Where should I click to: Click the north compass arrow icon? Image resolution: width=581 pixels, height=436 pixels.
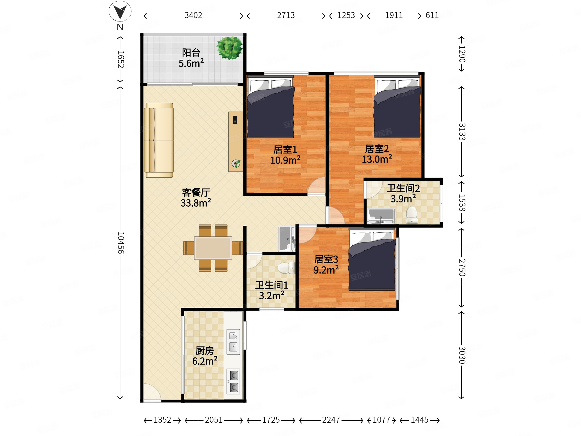(x=120, y=11)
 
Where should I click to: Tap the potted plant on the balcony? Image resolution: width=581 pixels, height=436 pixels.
(x=230, y=48)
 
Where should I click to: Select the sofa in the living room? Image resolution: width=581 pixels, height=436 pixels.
(x=159, y=140)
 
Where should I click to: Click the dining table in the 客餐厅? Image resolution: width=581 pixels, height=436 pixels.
(x=213, y=248)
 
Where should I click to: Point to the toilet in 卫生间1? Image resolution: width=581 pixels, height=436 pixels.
(x=287, y=268)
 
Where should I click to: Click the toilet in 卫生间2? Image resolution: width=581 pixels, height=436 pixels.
(x=412, y=215)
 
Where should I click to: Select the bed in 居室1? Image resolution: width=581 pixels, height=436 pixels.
(x=271, y=107)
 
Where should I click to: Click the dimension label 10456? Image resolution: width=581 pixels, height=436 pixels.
(x=120, y=242)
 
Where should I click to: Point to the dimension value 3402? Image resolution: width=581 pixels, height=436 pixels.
(x=193, y=15)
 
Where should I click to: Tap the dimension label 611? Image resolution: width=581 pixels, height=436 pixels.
(x=432, y=15)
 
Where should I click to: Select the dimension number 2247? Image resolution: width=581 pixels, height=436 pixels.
(x=331, y=420)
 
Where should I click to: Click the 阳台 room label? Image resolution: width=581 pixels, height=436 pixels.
(x=191, y=53)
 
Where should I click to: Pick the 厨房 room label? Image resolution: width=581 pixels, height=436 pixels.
(x=205, y=351)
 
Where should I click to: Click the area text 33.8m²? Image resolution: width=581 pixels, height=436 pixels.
(x=196, y=203)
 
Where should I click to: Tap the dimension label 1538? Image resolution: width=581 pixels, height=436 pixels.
(x=462, y=203)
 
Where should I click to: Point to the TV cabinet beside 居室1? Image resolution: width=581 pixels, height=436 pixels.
(x=236, y=142)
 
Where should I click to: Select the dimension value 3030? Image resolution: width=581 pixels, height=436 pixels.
(x=462, y=355)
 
